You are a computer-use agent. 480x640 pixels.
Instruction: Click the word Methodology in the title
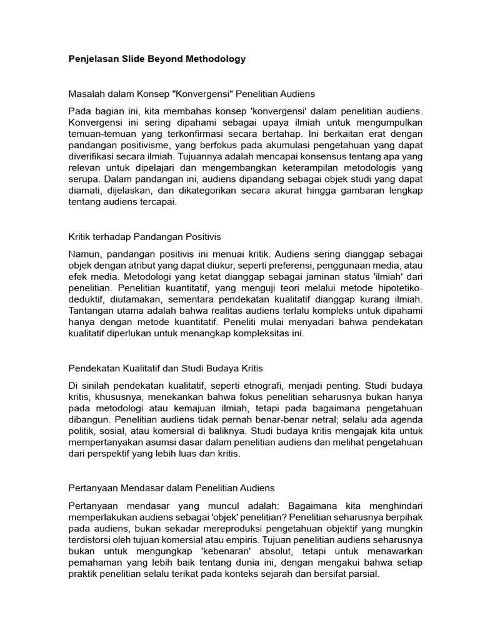[x=214, y=59]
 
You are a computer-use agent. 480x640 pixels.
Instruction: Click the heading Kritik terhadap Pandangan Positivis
[x=144, y=237]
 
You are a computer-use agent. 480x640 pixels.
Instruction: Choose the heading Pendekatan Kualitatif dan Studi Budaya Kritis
[x=169, y=369]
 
